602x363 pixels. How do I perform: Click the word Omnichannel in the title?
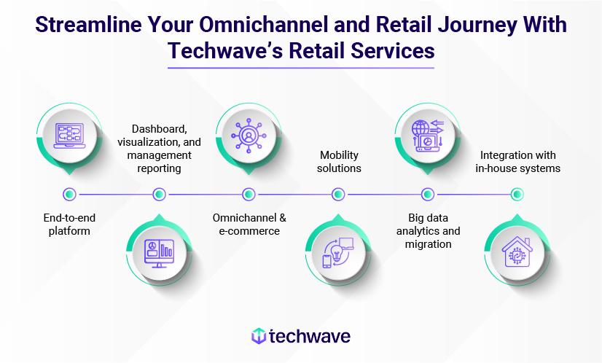click(264, 25)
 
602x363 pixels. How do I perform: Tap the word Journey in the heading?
click(477, 26)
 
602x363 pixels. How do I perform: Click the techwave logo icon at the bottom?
click(259, 336)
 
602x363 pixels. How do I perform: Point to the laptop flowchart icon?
click(69, 136)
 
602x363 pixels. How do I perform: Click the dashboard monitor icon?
click(159, 254)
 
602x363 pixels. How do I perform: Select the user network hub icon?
click(249, 136)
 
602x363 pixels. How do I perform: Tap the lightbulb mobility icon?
click(338, 253)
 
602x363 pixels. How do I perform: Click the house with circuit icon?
click(517, 252)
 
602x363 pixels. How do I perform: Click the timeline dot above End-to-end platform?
click(69, 195)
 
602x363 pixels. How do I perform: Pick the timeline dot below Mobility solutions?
click(338, 195)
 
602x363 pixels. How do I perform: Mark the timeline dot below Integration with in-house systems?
click(517, 195)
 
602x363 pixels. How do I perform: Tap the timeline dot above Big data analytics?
click(428, 195)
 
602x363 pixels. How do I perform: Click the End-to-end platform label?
click(69, 225)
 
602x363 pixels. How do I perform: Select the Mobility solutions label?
click(339, 161)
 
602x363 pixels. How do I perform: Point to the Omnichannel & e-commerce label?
click(249, 225)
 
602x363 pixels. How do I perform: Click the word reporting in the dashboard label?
click(160, 168)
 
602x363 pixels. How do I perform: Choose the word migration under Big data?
click(428, 244)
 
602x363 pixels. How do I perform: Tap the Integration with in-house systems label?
click(518, 161)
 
